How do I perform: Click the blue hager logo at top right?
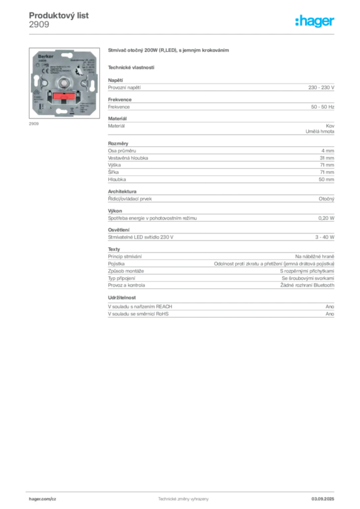(315, 21)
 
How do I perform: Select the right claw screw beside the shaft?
(86, 82)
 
